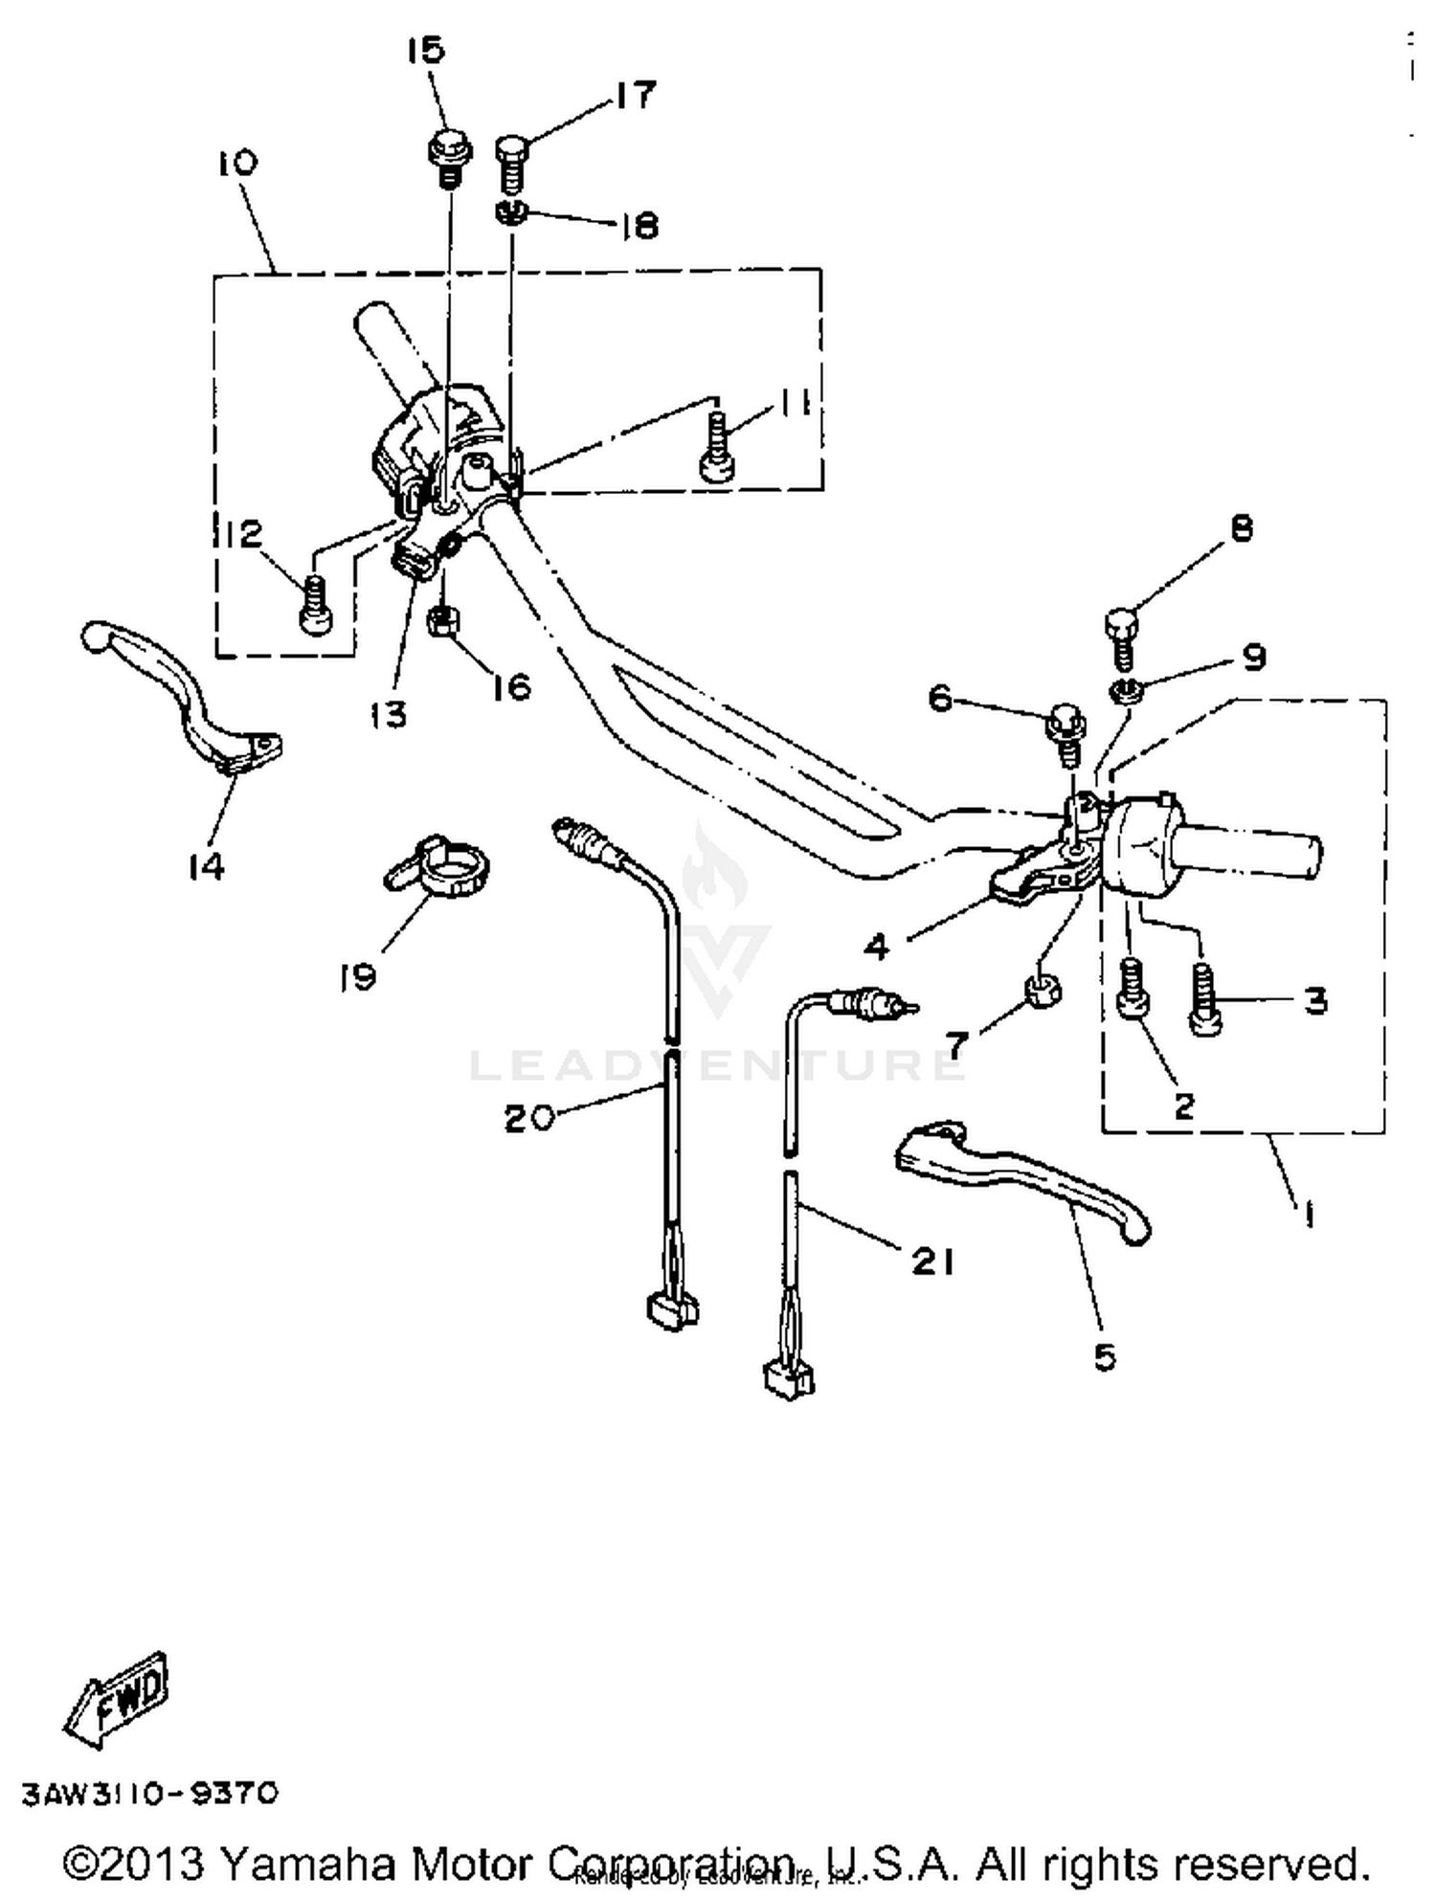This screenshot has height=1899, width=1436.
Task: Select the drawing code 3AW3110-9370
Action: tap(150, 1792)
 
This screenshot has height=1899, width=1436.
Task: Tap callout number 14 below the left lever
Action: tap(207, 866)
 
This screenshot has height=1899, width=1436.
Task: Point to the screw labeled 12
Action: tap(314, 603)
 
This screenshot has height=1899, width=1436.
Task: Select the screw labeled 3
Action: tap(1204, 1000)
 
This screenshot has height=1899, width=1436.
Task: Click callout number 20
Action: tap(529, 1117)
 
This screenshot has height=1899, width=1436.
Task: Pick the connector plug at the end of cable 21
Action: tap(787, 1379)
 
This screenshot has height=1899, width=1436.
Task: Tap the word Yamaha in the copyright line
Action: tap(307, 1863)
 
